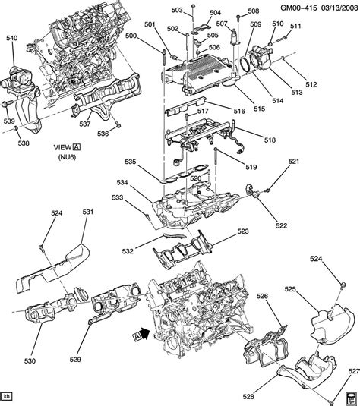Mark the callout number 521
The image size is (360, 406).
click(293, 161)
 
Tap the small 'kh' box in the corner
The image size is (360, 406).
click(7, 396)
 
